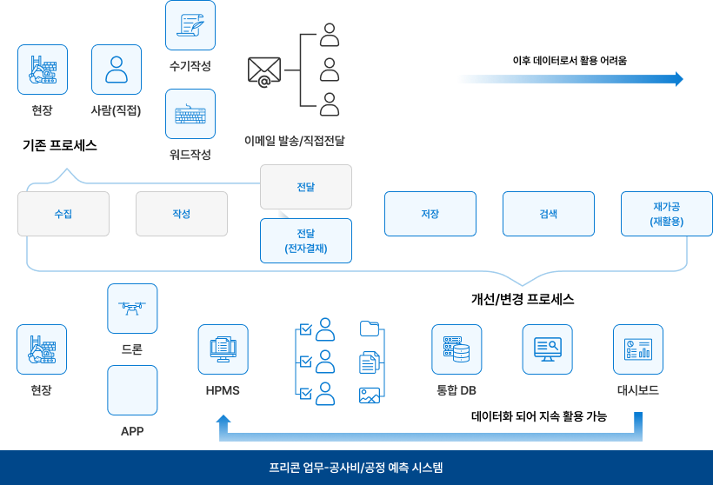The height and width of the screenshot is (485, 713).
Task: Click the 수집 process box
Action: click(x=63, y=214)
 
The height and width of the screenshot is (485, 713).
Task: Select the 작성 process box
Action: click(x=182, y=214)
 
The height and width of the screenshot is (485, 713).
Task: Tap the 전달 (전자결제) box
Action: click(x=306, y=241)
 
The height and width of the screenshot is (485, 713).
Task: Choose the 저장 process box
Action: click(x=430, y=214)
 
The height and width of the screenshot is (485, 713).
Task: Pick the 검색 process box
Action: click(x=549, y=214)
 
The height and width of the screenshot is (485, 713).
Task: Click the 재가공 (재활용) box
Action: click(x=667, y=214)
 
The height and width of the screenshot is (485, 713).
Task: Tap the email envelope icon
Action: click(x=264, y=71)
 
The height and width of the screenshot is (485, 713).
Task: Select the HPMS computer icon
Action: click(x=223, y=349)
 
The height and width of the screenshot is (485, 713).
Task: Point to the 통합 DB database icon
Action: click(x=456, y=349)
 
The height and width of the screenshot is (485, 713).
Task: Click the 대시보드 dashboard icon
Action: click(x=638, y=349)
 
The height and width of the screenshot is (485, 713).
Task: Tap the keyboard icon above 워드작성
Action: click(x=190, y=114)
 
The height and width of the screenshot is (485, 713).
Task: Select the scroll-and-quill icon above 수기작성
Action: click(x=190, y=25)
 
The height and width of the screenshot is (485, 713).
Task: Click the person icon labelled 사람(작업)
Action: click(x=117, y=70)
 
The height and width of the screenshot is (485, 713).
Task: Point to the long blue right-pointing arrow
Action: click(x=570, y=79)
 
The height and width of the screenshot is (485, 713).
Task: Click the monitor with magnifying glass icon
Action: click(x=548, y=349)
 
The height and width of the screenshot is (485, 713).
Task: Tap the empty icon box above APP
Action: click(x=132, y=390)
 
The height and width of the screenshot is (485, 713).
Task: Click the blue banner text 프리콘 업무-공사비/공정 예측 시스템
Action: click(x=356, y=468)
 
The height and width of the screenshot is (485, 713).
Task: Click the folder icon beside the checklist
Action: click(x=370, y=329)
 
